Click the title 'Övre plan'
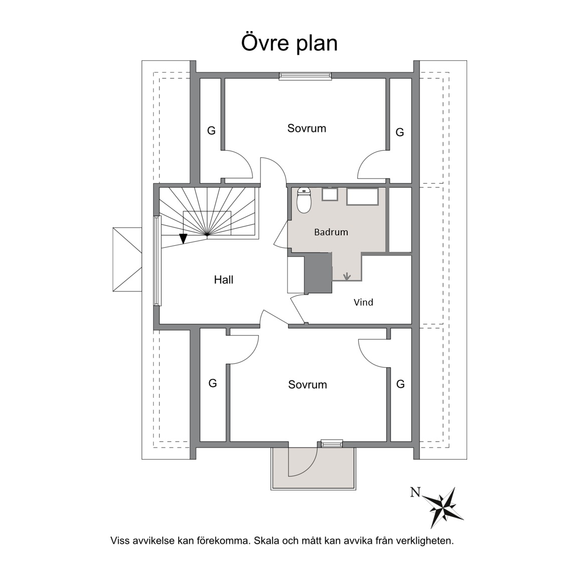click(x=290, y=43)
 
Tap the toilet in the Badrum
click(x=304, y=201)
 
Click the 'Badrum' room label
click(x=331, y=232)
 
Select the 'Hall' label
click(x=224, y=280)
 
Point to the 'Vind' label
click(x=363, y=302)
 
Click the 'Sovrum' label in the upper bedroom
click(x=307, y=128)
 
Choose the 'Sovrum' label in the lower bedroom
click(x=308, y=384)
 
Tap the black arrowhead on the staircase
click(x=183, y=239)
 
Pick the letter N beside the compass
click(x=415, y=492)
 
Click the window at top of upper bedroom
click(x=305, y=76)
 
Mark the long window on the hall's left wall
click(x=158, y=260)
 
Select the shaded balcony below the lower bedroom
click(x=313, y=469)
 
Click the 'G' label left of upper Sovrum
click(x=211, y=130)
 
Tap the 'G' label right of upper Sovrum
click(x=399, y=132)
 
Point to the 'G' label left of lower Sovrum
click(x=213, y=383)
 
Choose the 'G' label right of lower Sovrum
click(x=400, y=384)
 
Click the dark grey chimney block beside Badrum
click(x=319, y=273)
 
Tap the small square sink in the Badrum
click(x=330, y=194)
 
